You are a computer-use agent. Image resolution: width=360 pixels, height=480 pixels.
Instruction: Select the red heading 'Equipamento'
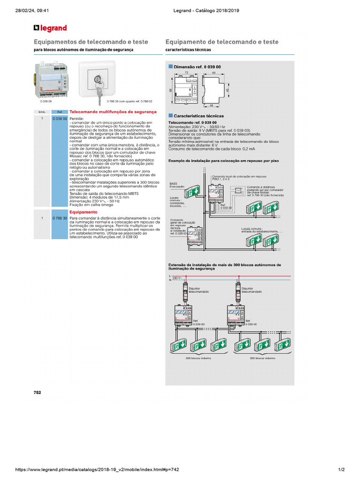pyautogui.click(x=83, y=212)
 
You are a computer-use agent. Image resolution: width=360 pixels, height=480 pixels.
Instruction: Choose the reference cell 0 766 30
pyautogui.click(x=60, y=218)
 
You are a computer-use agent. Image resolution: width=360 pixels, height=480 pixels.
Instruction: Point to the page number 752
pyautogui.click(x=37, y=392)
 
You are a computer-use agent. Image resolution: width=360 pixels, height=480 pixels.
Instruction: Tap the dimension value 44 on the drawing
pyautogui.click(x=211, y=105)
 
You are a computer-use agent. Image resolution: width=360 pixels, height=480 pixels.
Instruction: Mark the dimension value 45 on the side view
pyautogui.click(x=227, y=89)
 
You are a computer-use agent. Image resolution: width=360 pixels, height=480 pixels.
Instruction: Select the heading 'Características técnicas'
pyautogui.click(x=199, y=116)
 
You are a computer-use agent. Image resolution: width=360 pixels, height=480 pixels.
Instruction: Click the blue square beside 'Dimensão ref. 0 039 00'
pyautogui.click(x=171, y=67)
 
